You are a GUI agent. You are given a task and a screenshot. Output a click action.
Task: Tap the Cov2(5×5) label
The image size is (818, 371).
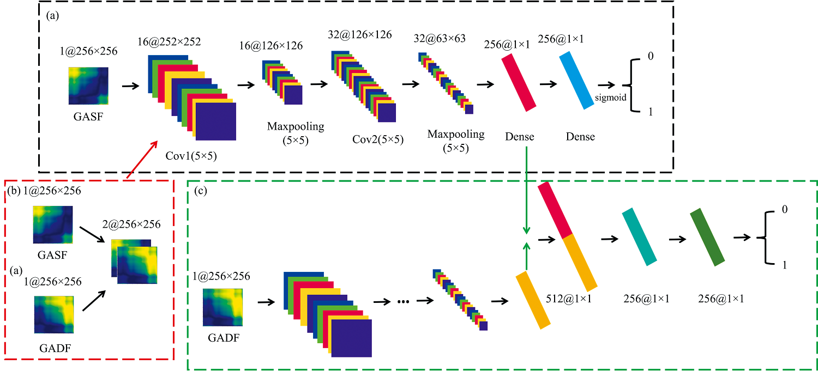coord(378,139)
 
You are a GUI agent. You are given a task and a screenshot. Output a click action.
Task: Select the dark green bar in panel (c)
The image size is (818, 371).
coord(707,237)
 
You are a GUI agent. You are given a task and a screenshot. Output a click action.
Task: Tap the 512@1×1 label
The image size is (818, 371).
coord(568,299)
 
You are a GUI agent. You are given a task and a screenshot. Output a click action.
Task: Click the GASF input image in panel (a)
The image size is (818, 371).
coord(88,86)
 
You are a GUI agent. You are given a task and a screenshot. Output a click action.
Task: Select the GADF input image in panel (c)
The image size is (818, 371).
coord(224,308)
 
